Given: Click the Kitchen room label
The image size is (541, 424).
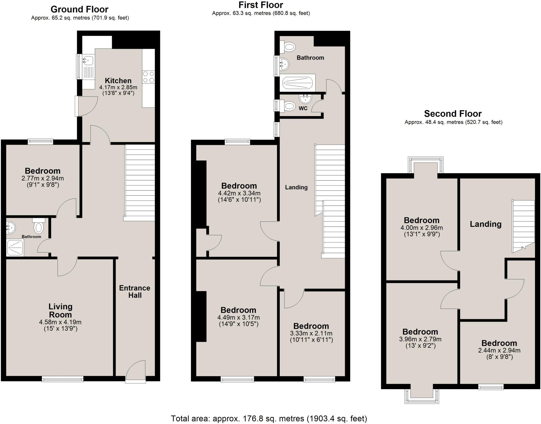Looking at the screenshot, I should (x=118, y=80).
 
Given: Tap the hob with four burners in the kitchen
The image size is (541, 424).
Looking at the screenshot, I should (x=148, y=77).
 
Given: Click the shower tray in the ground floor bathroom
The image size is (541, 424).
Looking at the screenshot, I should (x=15, y=247).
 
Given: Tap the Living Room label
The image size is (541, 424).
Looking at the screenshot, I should (x=60, y=311).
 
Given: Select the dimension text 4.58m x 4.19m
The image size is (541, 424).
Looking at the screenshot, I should (x=60, y=322).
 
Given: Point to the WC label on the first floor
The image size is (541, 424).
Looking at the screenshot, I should (x=303, y=108).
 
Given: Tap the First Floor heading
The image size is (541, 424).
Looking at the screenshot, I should (x=261, y=5).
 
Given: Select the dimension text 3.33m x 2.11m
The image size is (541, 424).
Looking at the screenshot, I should (x=311, y=333).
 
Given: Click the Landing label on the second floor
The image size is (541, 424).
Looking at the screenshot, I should (x=486, y=224).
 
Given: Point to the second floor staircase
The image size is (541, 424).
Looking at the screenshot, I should (x=524, y=226).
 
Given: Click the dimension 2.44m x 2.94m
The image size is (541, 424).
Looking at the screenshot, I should (x=499, y=350).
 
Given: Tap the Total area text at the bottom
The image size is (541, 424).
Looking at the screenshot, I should (x=269, y=418).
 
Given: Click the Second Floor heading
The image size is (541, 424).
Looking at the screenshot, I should (x=453, y=114).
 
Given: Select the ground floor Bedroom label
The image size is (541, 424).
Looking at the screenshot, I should (x=43, y=171).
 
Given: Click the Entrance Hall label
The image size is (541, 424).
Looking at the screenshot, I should (x=135, y=292).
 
